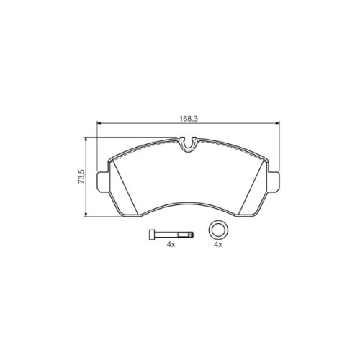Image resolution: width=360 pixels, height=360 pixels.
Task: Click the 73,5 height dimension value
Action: [x=81, y=177]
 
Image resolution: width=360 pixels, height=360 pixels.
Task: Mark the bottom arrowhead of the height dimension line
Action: [x=87, y=215]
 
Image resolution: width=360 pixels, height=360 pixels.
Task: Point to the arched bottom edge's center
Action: [x=189, y=199]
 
